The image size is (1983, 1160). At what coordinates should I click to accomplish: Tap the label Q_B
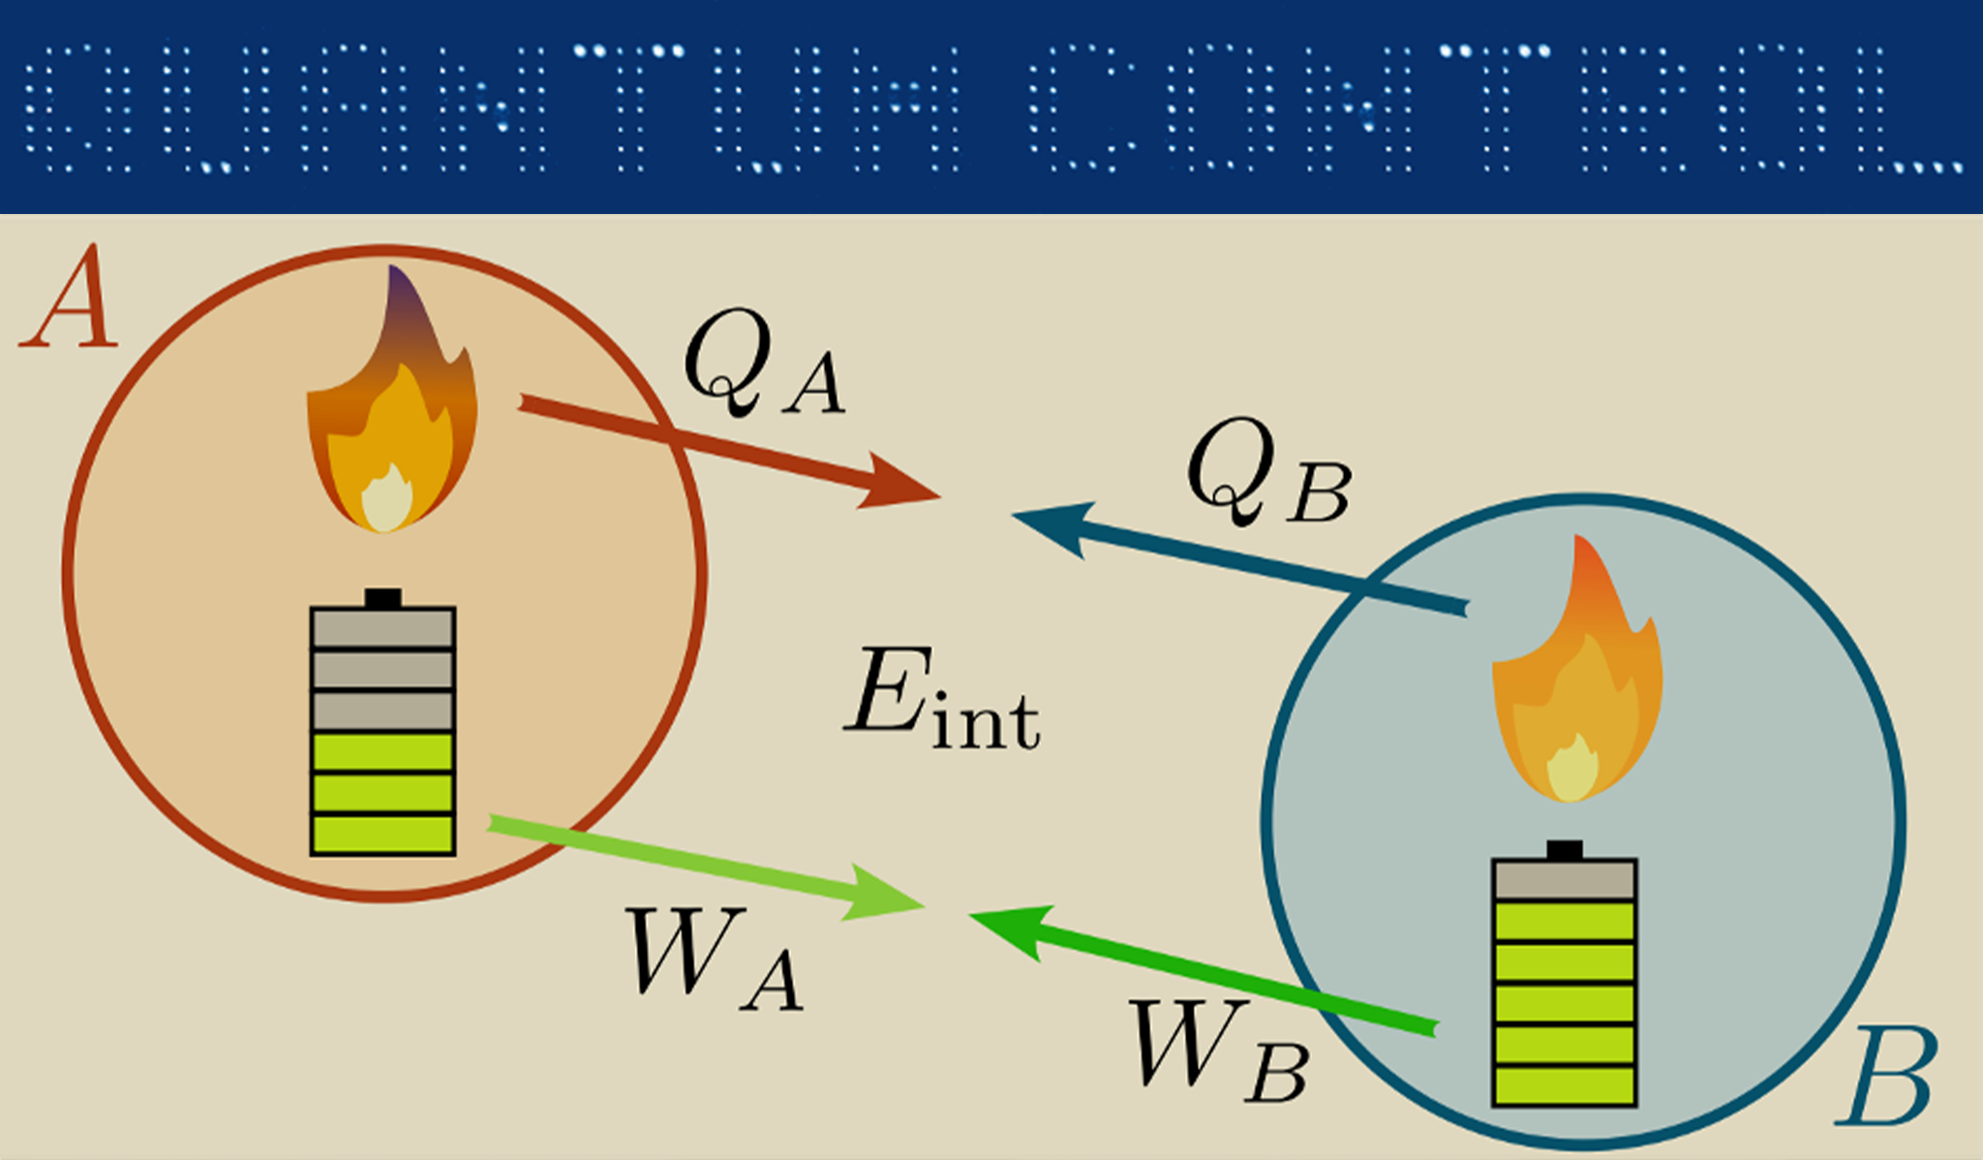click(1267, 474)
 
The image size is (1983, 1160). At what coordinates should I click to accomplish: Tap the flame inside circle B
click(1575, 678)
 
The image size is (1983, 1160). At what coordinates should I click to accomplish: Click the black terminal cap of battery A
click(382, 598)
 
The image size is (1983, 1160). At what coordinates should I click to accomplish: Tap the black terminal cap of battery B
click(1565, 850)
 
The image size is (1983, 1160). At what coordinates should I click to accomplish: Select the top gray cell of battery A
click(382, 627)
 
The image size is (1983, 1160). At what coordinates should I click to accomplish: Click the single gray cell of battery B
click(1565, 879)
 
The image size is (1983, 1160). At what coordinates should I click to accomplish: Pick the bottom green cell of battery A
click(382, 835)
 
